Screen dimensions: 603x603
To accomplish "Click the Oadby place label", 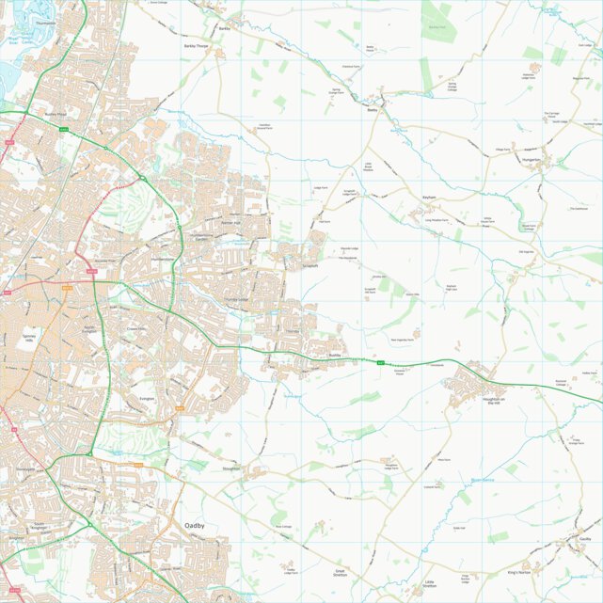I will (x=195, y=526).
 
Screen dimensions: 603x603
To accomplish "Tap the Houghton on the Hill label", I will (x=494, y=401).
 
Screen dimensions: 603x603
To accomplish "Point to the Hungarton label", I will (x=532, y=160).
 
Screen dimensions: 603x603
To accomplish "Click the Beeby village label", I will (x=372, y=110).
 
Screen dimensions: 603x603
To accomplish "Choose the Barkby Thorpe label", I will (x=195, y=44).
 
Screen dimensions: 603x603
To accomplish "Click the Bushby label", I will (x=335, y=356).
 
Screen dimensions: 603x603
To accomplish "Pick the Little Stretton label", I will (x=429, y=584).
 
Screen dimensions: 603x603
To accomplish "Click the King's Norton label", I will (x=518, y=572).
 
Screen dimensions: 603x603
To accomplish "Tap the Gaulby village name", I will (x=584, y=539).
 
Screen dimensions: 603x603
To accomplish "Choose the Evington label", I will (x=146, y=400).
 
